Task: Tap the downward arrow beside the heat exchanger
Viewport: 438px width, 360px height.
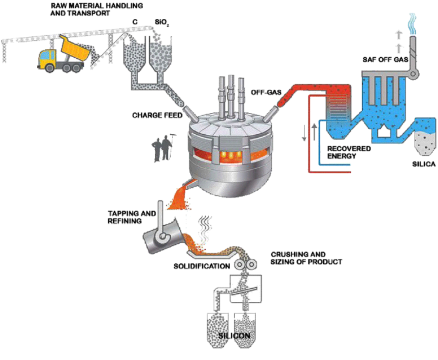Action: (304, 132)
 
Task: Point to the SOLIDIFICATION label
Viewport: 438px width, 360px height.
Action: (201, 266)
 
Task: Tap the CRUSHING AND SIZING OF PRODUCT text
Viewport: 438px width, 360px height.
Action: (305, 258)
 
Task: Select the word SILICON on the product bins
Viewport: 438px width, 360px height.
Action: (234, 335)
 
